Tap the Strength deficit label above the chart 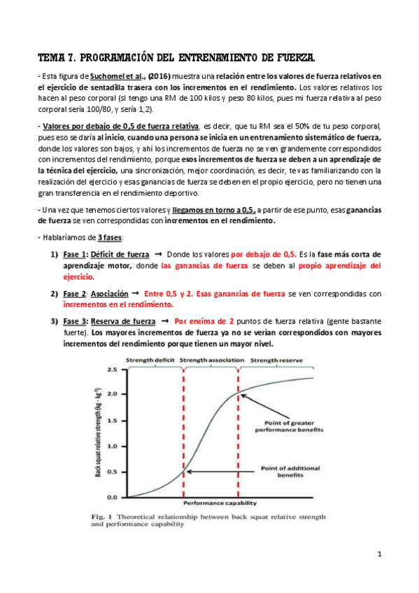150,359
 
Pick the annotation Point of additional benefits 290,471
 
